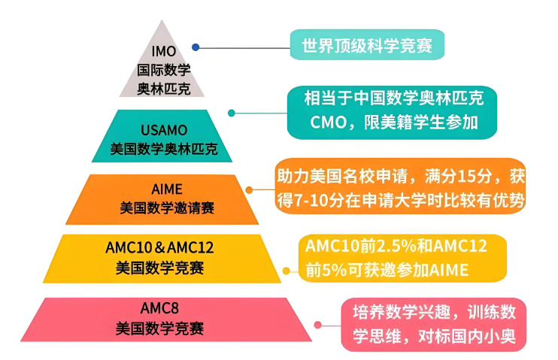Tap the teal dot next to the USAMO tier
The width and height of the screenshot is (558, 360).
(232, 113)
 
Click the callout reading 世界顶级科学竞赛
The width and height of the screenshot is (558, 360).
(367, 45)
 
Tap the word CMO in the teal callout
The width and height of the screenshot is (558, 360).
(328, 123)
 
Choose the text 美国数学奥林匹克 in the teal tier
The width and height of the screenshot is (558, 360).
(163, 150)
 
